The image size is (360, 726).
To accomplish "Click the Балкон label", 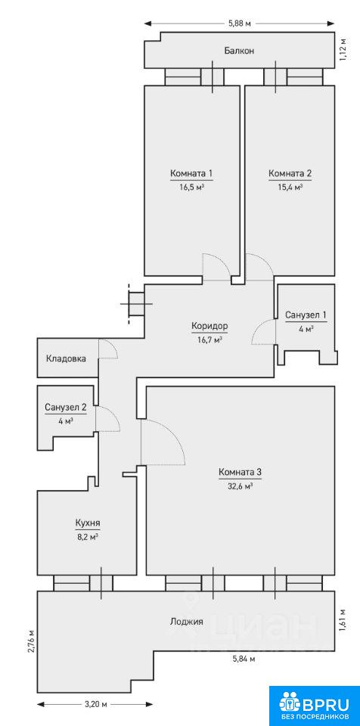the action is pyautogui.click(x=239, y=51).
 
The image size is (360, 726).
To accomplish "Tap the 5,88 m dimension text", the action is pyautogui.click(x=239, y=24).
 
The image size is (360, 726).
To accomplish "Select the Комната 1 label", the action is pyautogui.click(x=191, y=174).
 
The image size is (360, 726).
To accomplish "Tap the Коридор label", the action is pyautogui.click(x=209, y=326).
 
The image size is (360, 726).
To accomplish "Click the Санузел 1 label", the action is pyautogui.click(x=306, y=315).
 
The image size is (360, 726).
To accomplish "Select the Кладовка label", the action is pyautogui.click(x=65, y=358).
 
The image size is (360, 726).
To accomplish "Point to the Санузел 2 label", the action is pyautogui.click(x=65, y=408).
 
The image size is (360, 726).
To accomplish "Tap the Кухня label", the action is pyautogui.click(x=88, y=523).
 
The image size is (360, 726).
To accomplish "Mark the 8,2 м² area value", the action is pyautogui.click(x=88, y=537).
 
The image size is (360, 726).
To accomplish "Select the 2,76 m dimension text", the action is pyautogui.click(x=31, y=641).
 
